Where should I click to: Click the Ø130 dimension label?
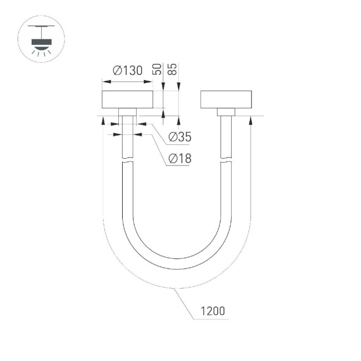point(127,71)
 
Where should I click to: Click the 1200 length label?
point(213,311)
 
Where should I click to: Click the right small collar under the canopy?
point(226,112)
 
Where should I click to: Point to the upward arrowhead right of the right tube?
point(251,118)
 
